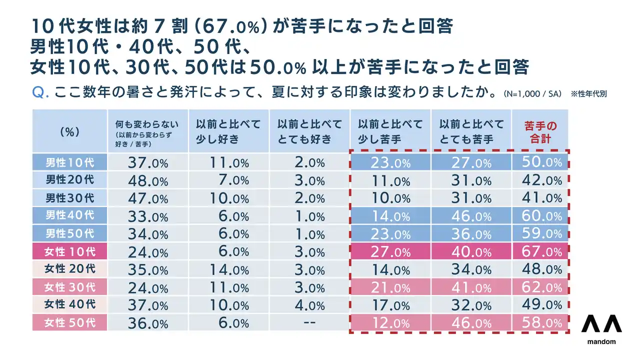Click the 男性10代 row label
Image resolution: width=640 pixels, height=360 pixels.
69,162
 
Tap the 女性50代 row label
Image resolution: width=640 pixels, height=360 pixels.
69,322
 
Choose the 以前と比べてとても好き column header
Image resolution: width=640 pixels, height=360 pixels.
309,131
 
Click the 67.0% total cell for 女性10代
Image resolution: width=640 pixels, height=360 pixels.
540,251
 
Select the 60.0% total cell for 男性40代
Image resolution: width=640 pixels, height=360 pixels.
540,216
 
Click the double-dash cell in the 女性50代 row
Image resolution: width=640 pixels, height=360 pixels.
309,322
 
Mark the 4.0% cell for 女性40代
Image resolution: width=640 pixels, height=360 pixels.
309,304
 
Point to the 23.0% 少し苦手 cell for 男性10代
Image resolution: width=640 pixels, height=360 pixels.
390,162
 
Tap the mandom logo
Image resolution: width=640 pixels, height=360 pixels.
601,330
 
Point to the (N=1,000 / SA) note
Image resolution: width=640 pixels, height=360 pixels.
532,93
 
